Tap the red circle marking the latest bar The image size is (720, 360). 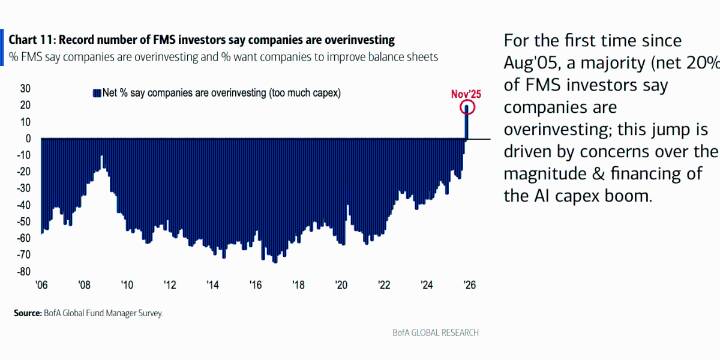pyautogui.click(x=466, y=107)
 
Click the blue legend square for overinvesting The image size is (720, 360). pyautogui.click(x=96, y=93)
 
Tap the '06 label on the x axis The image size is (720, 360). pyautogui.click(x=42, y=283)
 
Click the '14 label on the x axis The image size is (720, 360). pyautogui.click(x=214, y=283)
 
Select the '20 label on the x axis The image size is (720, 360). pyautogui.click(x=341, y=283)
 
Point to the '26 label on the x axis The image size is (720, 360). pyautogui.click(x=469, y=283)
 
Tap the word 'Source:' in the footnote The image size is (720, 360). pyautogui.click(x=28, y=313)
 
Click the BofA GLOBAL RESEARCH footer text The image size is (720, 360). pyautogui.click(x=437, y=331)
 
